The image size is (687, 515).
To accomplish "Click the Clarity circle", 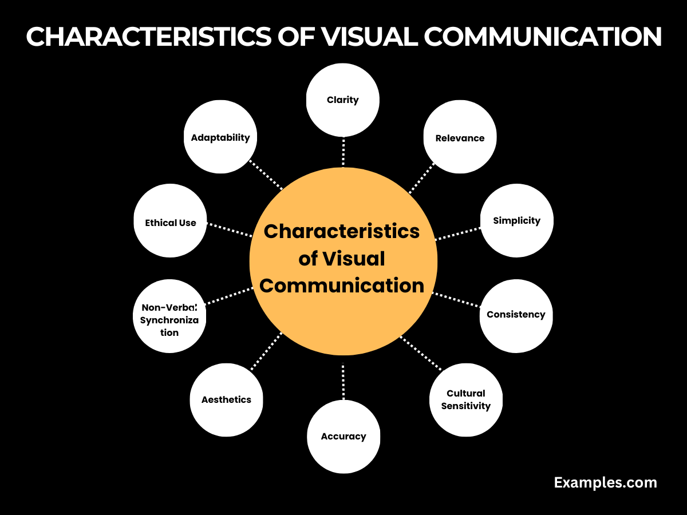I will click(343, 100).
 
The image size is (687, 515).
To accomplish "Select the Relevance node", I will click(460, 137).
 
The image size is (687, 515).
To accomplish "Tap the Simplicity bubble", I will click(516, 220).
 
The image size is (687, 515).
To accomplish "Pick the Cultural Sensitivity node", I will click(465, 400).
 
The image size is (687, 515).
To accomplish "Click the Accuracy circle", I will click(343, 437).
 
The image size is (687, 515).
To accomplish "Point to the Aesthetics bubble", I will click(226, 400).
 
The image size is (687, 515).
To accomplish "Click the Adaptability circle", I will click(220, 137).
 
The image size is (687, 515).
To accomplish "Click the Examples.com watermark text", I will click(605, 482).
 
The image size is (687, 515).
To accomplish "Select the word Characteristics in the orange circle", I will click(342, 232).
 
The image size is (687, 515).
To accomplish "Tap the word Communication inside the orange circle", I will click(342, 285).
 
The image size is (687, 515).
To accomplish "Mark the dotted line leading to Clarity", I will click(343, 152).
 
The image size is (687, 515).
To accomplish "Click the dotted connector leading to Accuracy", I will click(343, 382).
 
